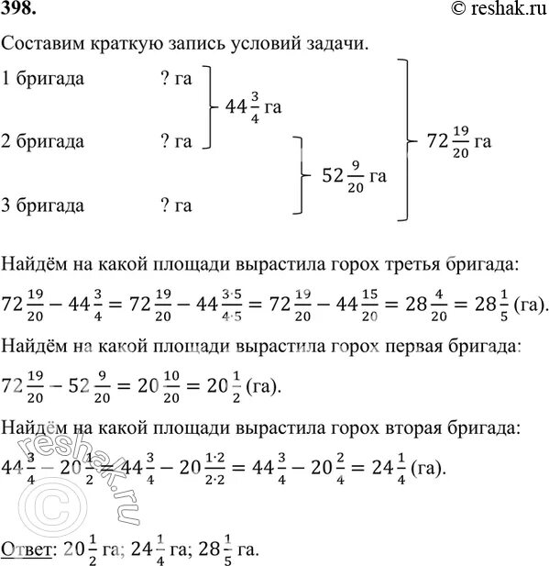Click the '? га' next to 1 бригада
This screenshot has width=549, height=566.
click(x=175, y=79)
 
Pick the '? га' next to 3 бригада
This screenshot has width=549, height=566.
click(x=175, y=205)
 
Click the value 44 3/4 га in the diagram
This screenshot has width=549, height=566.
click(x=252, y=107)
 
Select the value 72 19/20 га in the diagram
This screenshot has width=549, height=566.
click(x=459, y=141)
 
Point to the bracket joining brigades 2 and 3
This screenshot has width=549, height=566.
click(x=297, y=172)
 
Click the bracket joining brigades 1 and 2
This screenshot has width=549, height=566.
click(x=213, y=107)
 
